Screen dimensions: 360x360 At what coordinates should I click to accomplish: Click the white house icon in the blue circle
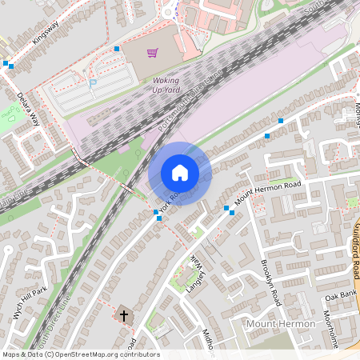[x=180, y=173]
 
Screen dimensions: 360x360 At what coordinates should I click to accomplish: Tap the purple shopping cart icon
[x=152, y=53]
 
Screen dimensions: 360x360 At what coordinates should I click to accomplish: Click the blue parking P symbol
[x=93, y=82]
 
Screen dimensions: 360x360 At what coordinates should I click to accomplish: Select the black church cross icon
[x=124, y=315]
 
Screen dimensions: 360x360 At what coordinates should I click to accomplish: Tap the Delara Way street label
[x=29, y=110]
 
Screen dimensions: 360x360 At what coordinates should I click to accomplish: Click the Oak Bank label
[x=339, y=295]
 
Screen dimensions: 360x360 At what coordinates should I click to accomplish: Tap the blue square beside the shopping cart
[x=117, y=49]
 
